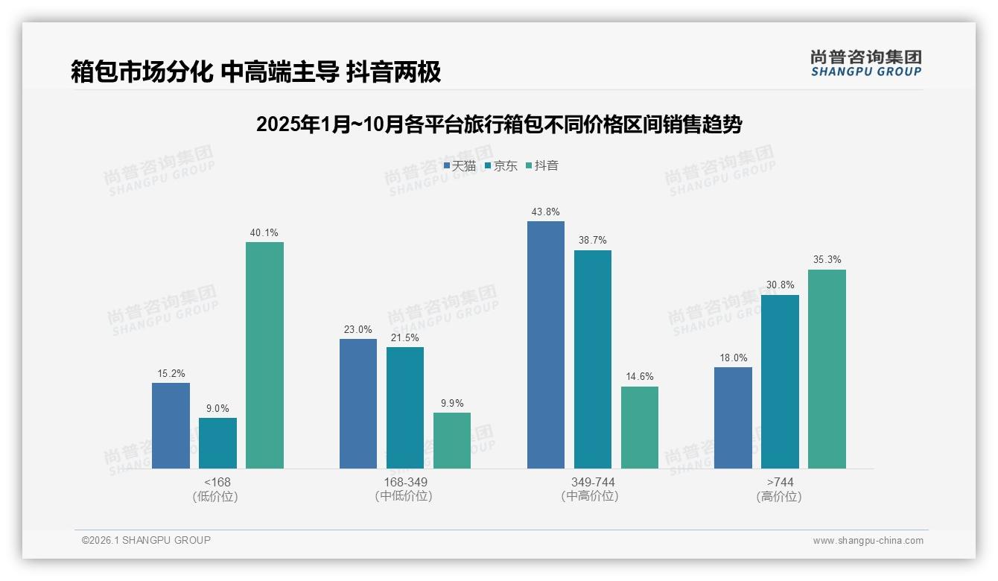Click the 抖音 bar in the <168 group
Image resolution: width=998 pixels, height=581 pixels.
264,355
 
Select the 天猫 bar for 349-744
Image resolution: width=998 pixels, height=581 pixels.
546,345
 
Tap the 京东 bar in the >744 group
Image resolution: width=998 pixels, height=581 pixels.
780,381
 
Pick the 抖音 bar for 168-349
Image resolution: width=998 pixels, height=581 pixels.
452,440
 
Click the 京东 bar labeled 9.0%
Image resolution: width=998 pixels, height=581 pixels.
217,443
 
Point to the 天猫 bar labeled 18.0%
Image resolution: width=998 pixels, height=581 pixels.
733,418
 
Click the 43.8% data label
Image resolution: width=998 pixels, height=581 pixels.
546,212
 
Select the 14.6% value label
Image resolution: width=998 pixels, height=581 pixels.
640,377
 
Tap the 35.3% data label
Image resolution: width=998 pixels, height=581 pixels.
827,260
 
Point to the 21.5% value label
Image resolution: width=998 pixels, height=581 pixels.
405,337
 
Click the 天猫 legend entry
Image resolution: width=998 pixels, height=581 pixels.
460,165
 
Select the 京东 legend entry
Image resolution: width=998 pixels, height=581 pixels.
500,165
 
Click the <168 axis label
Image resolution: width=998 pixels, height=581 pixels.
217,482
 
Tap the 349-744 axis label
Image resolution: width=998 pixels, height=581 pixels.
593,482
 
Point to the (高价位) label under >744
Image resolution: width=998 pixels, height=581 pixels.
779,496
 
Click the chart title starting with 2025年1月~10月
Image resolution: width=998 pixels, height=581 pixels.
499,124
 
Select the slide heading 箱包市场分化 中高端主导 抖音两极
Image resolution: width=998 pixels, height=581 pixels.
255,72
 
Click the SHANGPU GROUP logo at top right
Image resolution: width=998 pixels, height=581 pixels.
865,63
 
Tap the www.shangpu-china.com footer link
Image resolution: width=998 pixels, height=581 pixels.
868,541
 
